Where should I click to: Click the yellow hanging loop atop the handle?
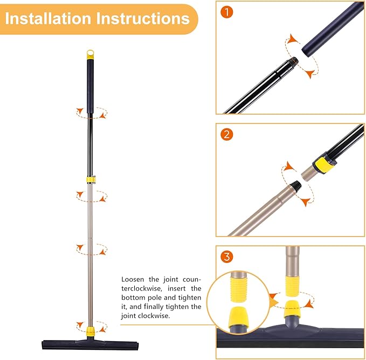pos(90,54)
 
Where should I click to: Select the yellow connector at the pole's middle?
pos(90,178)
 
